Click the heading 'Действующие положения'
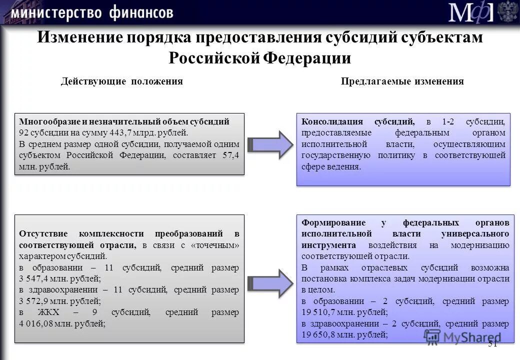[x=121, y=81]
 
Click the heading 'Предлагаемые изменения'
[x=402, y=81]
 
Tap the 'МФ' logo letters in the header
[x=470, y=12]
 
